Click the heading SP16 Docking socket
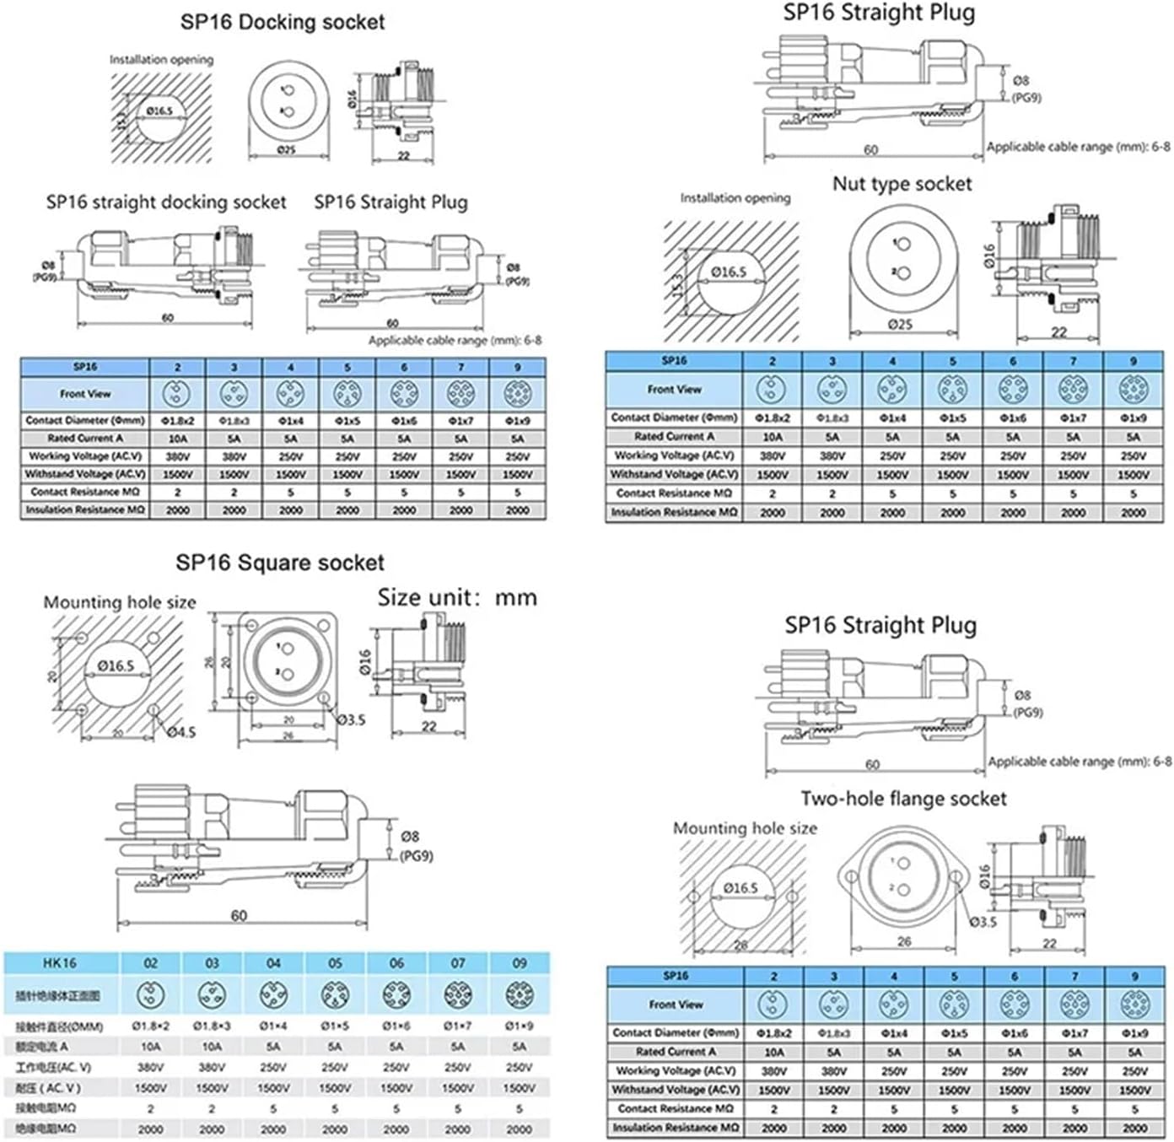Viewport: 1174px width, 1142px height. point(283,22)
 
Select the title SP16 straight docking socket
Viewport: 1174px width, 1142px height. point(166,202)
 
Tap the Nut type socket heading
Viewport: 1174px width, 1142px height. point(902,184)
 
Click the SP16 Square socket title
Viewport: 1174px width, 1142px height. point(280,563)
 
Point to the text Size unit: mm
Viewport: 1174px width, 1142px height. point(456,598)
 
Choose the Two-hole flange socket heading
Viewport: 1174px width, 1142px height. point(903,799)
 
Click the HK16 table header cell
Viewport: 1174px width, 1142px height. point(60,962)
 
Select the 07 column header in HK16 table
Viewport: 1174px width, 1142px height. point(458,962)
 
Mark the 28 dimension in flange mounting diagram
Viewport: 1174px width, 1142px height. point(740,945)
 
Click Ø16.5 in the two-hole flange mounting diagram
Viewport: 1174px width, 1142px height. point(740,888)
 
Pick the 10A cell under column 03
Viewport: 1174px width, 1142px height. point(212,1047)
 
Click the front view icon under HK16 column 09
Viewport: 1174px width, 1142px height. point(520,995)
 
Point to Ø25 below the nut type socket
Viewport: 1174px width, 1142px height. point(900,325)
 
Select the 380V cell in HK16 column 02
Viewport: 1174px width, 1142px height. point(150,1067)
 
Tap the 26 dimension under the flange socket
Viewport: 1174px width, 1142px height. point(904,941)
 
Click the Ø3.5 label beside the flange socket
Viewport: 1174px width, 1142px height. point(983,922)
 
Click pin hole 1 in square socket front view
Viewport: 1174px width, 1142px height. point(286,648)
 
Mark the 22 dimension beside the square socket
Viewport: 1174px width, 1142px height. point(429,726)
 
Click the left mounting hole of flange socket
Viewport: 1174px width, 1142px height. point(851,877)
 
